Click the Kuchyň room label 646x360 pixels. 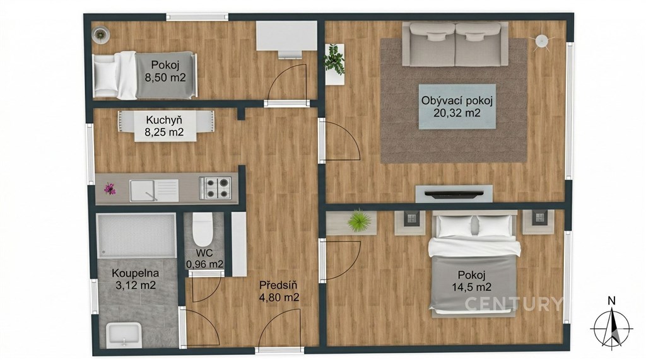[x=164, y=120]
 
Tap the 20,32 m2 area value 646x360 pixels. [x=457, y=113]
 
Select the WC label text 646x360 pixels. [x=204, y=252]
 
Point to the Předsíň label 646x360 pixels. [x=278, y=285]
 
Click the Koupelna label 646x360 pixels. [x=135, y=273]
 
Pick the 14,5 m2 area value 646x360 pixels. [x=472, y=287]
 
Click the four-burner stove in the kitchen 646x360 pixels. [x=215, y=188]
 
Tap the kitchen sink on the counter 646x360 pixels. [x=154, y=190]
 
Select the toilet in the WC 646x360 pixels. [x=203, y=229]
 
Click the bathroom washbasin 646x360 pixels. [x=124, y=334]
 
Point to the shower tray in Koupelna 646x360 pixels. [x=136, y=235]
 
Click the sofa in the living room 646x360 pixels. [x=455, y=44]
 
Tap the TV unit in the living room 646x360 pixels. [x=454, y=194]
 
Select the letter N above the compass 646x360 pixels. [x=612, y=301]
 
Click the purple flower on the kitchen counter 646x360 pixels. [x=109, y=189]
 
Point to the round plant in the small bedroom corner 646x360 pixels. [x=100, y=34]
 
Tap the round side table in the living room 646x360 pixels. [x=541, y=41]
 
